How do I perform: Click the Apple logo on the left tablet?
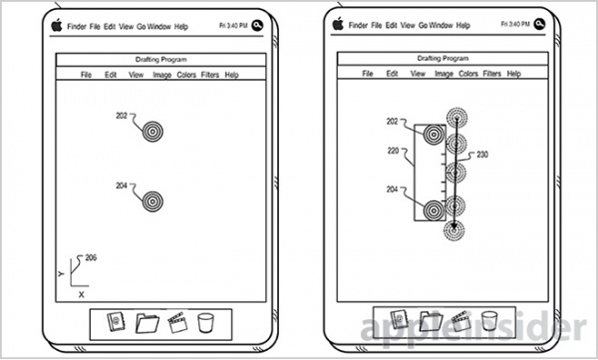point(57,25)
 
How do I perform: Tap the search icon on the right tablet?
point(539,24)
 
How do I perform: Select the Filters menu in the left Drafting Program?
point(209,75)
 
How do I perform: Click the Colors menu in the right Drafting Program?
point(468,74)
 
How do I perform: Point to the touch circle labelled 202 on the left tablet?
point(152,132)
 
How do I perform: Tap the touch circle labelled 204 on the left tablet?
point(152,201)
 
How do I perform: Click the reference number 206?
point(91,257)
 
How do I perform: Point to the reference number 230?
point(482,155)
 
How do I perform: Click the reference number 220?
point(393,151)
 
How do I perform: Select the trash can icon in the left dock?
point(206,323)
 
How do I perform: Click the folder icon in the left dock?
point(148,323)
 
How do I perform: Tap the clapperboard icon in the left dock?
point(177,322)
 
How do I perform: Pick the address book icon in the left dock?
point(116,322)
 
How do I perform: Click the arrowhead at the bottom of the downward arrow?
point(453,227)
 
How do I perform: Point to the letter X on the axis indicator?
point(82,295)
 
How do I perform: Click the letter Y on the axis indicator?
point(61,273)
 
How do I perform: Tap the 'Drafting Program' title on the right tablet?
point(443,59)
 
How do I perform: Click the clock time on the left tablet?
point(233,26)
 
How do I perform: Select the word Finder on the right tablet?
point(358,25)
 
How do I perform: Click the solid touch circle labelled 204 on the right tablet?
point(434,210)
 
